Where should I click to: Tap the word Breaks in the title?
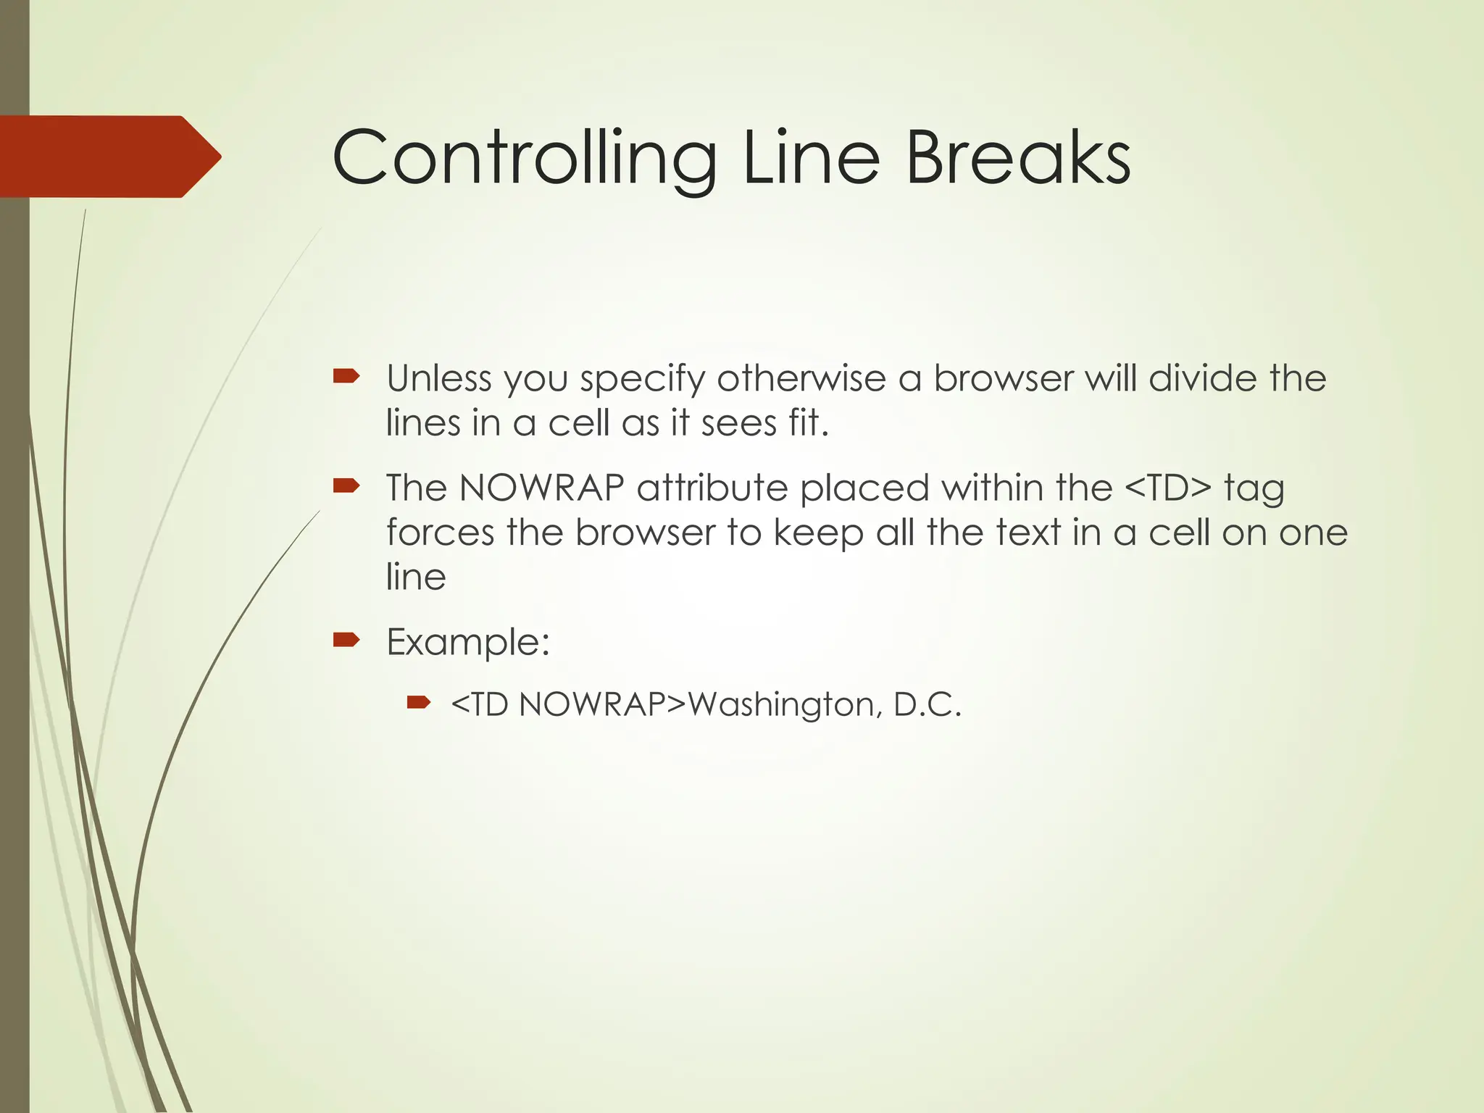(1017, 158)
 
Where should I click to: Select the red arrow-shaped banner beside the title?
(109, 157)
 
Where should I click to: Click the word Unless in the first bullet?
(438, 378)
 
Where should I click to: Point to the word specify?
(642, 380)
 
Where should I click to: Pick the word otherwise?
(801, 378)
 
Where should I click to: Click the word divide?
(1203, 378)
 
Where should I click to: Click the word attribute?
(712, 488)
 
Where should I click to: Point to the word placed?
(864, 488)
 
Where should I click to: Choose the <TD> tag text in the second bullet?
(1167, 488)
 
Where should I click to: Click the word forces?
(440, 533)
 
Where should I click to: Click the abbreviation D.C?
(927, 704)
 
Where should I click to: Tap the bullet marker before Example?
(346, 639)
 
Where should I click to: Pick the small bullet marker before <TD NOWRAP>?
(419, 701)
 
